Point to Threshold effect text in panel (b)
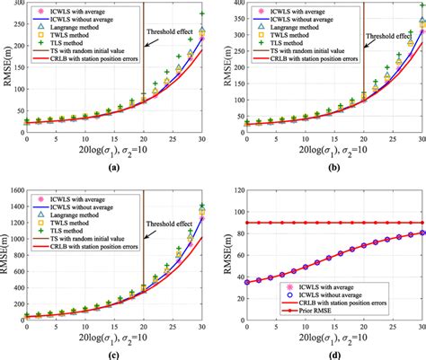click(x=387, y=38)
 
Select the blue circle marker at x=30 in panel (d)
click(x=422, y=233)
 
